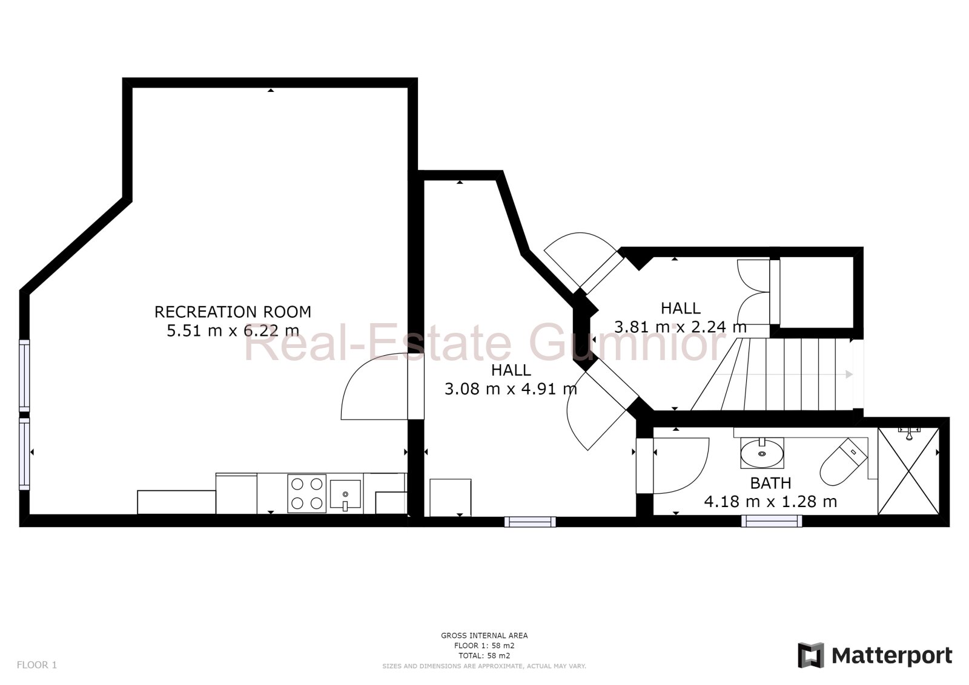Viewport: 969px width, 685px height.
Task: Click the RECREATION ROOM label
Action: point(233,312)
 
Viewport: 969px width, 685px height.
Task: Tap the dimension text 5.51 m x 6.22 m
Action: point(233,330)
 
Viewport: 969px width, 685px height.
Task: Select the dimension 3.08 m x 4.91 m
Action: point(511,388)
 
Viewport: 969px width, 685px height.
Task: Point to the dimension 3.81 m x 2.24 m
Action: point(680,327)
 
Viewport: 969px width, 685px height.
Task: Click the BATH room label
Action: point(770,483)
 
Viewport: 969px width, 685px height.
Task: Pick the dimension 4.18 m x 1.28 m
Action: point(770,502)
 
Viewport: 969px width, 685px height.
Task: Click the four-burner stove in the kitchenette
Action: point(306,493)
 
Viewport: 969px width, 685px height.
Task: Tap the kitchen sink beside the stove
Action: point(345,494)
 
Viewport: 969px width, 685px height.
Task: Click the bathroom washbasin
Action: point(761,453)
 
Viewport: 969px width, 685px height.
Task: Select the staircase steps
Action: point(787,374)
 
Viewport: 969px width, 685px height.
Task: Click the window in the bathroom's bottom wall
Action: point(772,520)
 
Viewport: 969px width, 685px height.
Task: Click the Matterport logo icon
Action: point(811,655)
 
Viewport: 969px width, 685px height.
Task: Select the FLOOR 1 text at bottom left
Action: point(36,664)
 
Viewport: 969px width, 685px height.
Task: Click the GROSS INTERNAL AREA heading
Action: point(484,635)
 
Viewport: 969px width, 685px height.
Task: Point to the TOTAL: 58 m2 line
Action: point(484,655)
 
